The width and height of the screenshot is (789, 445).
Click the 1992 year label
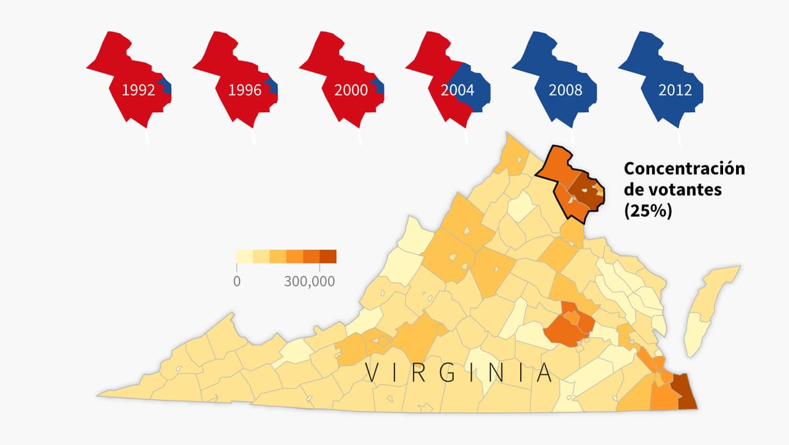(138, 90)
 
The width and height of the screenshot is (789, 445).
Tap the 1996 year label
(245, 90)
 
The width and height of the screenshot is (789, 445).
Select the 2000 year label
(351, 90)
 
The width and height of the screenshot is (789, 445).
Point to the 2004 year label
(457, 90)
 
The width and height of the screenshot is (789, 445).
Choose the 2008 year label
(565, 90)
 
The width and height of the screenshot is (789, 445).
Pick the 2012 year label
(675, 90)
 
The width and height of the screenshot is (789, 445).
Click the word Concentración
(684, 168)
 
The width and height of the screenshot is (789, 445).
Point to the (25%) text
(648, 210)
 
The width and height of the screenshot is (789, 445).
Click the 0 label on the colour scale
(237, 281)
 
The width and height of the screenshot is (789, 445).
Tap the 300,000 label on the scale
(309, 281)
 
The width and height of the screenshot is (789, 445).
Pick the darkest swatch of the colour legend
(328, 256)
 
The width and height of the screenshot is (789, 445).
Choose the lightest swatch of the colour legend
(245, 256)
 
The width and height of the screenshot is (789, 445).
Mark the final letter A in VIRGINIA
(544, 373)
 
